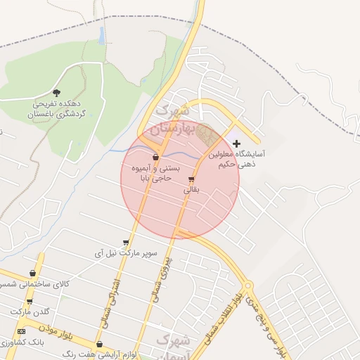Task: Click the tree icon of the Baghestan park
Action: coord(57,92)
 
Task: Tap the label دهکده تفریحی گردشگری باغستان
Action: coord(56,108)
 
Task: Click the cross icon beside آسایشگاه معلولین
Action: coord(236,143)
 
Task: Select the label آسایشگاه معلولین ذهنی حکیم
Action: coord(240,157)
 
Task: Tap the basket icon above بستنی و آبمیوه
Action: coord(155,157)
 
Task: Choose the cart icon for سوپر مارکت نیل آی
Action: coord(127,242)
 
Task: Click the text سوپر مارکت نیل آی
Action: coord(127,252)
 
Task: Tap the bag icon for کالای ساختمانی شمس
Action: coord(33,273)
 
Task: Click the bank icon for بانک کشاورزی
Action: coord(21,331)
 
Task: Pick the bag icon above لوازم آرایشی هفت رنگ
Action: coord(99,345)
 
